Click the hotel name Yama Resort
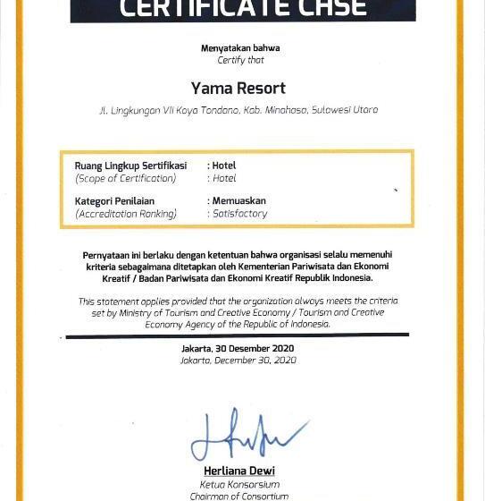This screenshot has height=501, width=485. pyautogui.click(x=238, y=89)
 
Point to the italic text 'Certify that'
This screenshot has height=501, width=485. pyautogui.click(x=241, y=61)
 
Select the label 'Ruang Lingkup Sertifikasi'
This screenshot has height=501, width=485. pyautogui.click(x=130, y=166)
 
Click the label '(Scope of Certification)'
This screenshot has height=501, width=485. pyautogui.click(x=126, y=179)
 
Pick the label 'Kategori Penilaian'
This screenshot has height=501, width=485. pyautogui.click(x=114, y=201)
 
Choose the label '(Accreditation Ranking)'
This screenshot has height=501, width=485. pyautogui.click(x=126, y=215)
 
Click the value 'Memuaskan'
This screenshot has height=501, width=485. pyautogui.click(x=238, y=201)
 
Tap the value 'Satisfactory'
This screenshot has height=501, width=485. pyautogui.click(x=239, y=215)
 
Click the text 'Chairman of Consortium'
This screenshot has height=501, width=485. pyautogui.click(x=238, y=496)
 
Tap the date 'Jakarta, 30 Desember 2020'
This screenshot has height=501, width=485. pyautogui.click(x=238, y=349)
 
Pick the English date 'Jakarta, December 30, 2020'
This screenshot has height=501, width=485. pyautogui.click(x=238, y=361)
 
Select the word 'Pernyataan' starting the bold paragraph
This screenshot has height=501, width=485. pyautogui.click(x=107, y=255)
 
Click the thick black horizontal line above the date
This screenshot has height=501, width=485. pyautogui.click(x=238, y=335)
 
